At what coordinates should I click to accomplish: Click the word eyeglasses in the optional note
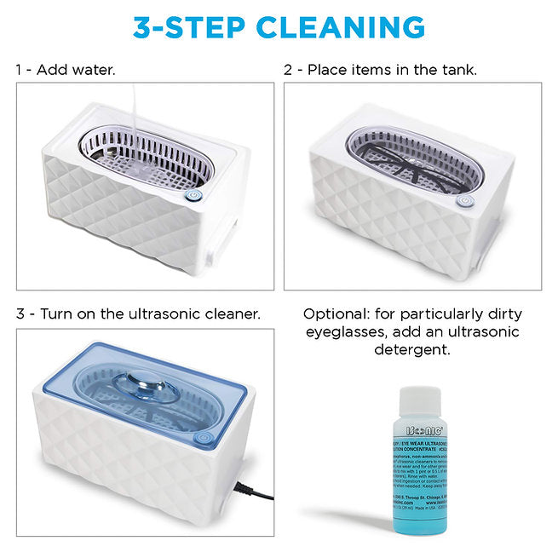344,332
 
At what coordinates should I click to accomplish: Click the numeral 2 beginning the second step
288,69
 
